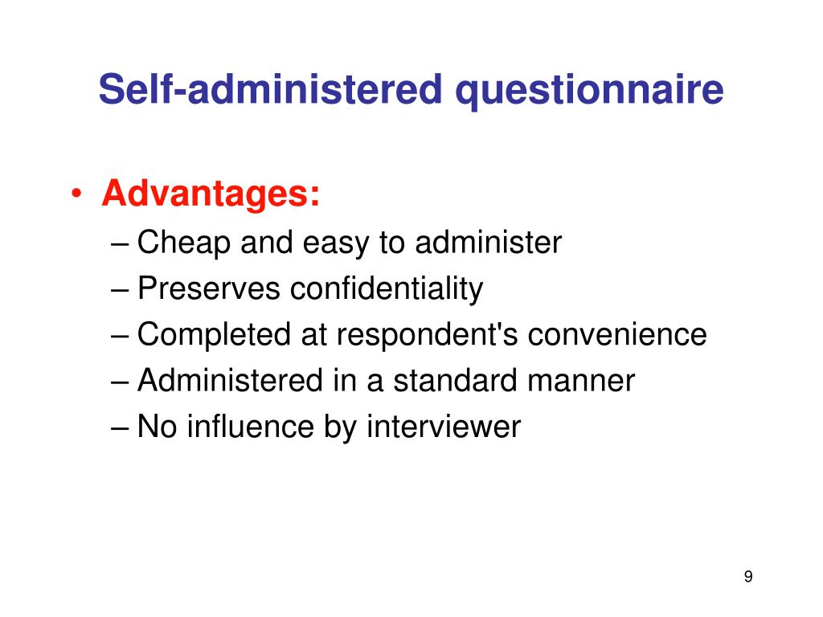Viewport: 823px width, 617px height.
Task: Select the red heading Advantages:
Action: (211, 194)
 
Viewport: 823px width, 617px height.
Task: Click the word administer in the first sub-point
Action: (488, 242)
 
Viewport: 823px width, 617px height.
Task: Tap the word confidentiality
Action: (387, 288)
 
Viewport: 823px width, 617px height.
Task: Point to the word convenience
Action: (617, 334)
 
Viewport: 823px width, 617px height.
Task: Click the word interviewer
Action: (444, 427)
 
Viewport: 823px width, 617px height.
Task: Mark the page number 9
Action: (748, 576)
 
